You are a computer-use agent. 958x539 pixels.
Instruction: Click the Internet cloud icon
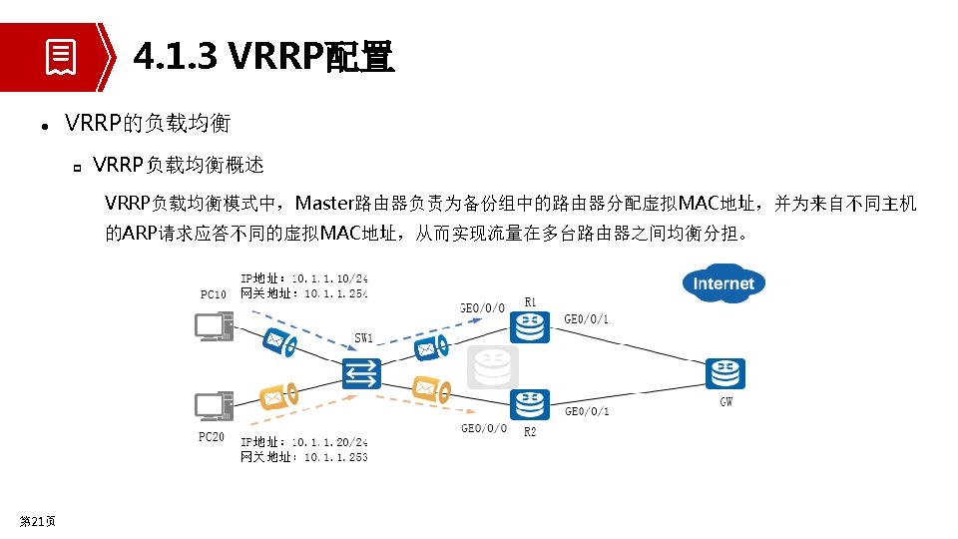723,282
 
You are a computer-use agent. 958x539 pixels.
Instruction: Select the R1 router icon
529,326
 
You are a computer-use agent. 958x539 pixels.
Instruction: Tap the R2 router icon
529,404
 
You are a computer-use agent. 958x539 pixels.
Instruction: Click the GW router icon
725,374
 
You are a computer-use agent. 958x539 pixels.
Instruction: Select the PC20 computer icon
214,405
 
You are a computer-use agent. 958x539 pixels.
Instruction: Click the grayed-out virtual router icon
493,367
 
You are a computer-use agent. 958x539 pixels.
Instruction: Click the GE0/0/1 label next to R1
587,319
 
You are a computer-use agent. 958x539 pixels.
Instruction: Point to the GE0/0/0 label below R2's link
484,429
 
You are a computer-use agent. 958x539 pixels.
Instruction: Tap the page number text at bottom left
38,521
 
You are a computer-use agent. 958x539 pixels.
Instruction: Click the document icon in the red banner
61,57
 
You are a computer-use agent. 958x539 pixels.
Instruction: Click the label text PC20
212,437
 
